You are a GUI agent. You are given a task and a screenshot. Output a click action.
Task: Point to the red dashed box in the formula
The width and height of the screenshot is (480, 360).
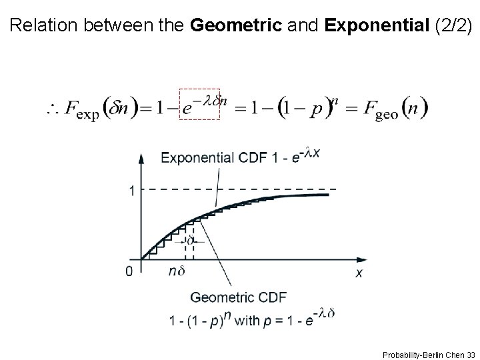(x=201, y=103)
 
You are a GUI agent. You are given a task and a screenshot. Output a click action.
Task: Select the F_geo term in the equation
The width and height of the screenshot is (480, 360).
(x=382, y=109)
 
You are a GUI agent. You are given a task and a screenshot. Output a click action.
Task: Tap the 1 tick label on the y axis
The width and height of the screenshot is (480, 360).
(x=133, y=191)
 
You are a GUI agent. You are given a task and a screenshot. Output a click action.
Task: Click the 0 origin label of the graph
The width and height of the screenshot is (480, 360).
(x=129, y=271)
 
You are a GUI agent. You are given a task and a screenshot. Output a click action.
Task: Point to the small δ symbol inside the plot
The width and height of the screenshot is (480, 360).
(x=189, y=239)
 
